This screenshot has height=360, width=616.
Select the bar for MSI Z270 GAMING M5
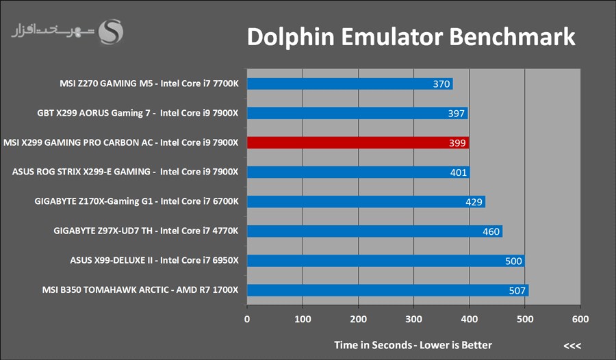click(350, 83)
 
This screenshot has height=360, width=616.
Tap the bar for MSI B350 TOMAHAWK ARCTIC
click(387, 290)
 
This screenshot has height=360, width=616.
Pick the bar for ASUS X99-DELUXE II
click(385, 260)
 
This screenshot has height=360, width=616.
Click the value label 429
click(474, 202)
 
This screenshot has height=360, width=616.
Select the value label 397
click(457, 114)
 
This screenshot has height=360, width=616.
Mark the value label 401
click(459, 172)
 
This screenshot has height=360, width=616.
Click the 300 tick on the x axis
click(413, 319)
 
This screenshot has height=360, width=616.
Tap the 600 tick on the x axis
click(580, 319)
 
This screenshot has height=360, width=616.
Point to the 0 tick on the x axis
click(247, 319)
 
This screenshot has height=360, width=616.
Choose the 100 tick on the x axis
click(303, 319)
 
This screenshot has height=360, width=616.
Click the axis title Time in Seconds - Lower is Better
click(413, 344)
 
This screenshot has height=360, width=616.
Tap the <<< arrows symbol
click(572, 344)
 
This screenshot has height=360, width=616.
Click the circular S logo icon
click(112, 31)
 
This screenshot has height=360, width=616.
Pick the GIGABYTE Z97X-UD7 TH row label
click(146, 231)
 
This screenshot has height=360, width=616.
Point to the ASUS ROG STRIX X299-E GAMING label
click(125, 172)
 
